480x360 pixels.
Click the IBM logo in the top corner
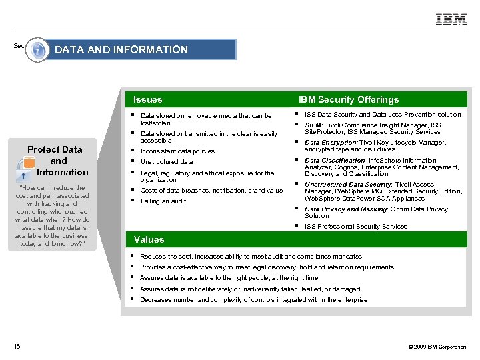click(451, 19)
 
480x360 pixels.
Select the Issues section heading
click(147, 99)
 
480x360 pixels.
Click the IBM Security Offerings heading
click(348, 99)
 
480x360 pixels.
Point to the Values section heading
click(149, 239)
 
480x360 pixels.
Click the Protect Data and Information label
click(59, 161)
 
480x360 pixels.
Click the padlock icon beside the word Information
click(24, 175)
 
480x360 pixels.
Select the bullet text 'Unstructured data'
click(167, 162)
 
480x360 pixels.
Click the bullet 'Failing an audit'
click(163, 201)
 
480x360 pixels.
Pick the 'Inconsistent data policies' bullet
click(177, 151)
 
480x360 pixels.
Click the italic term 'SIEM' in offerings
click(313, 125)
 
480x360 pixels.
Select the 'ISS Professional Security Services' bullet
click(355, 227)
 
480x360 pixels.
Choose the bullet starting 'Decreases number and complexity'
click(253, 300)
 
